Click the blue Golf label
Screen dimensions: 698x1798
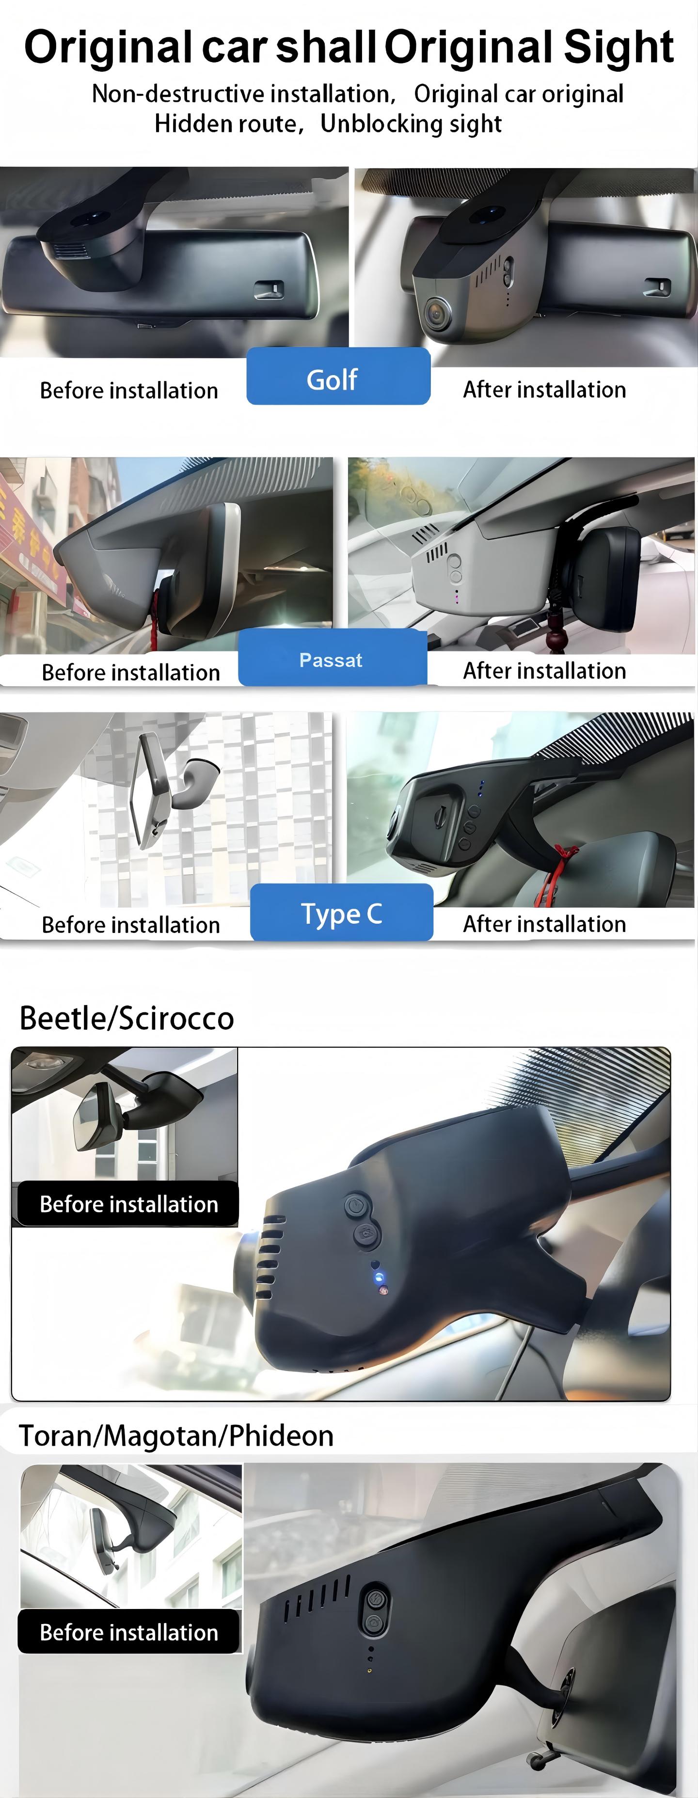pyautogui.click(x=338, y=376)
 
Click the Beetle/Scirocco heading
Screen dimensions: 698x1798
pyautogui.click(x=127, y=1018)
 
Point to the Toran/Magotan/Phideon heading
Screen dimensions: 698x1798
pyautogui.click(x=176, y=1436)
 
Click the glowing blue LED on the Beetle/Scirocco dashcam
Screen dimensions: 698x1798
pyautogui.click(x=379, y=1278)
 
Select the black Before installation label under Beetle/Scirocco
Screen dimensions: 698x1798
pyautogui.click(x=128, y=1204)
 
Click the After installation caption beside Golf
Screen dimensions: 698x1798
pyautogui.click(x=544, y=390)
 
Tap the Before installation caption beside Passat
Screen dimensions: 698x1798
pyautogui.click(x=130, y=672)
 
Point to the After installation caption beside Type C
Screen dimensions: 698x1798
pyautogui.click(x=544, y=924)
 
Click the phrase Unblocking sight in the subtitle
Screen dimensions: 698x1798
pyautogui.click(x=411, y=124)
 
